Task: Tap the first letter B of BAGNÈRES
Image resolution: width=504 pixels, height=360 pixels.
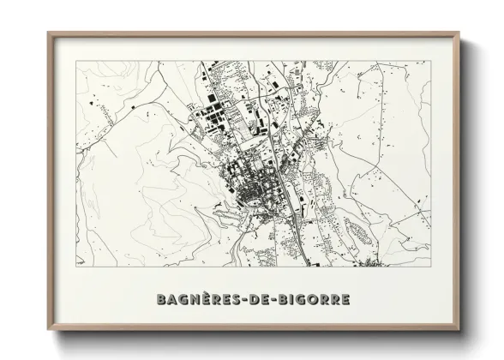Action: pyautogui.click(x=163, y=300)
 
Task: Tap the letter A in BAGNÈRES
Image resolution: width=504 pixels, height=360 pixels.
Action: pyautogui.click(x=175, y=300)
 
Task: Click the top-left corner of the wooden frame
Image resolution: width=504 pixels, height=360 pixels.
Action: pyautogui.click(x=48, y=33)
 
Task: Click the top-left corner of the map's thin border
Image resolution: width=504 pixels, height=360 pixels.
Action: pyautogui.click(x=76, y=60)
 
